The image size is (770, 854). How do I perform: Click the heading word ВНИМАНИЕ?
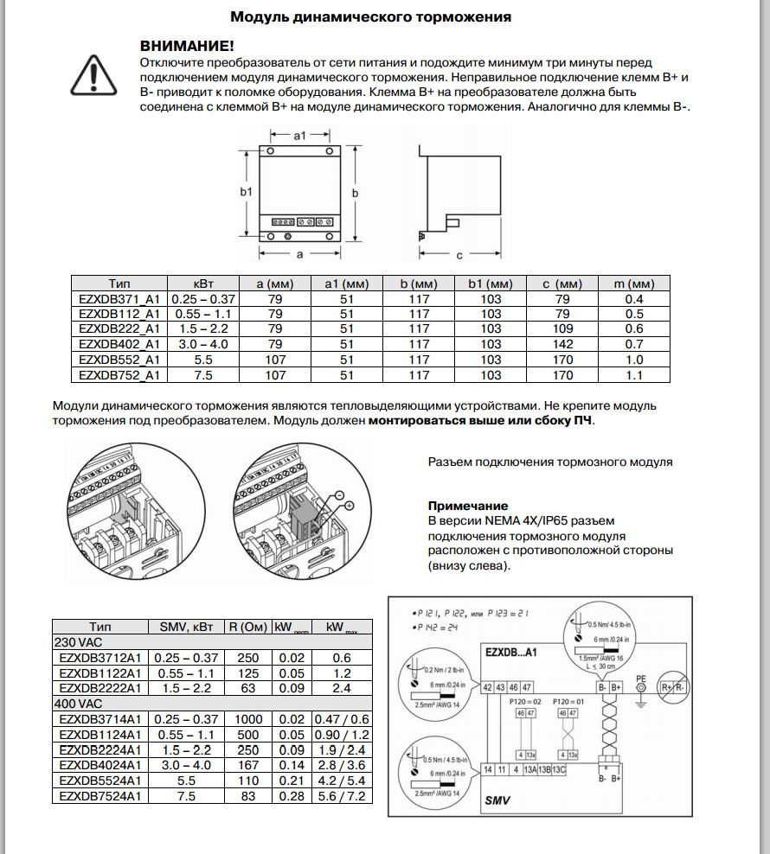187,46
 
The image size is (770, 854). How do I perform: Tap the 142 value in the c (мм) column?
562,344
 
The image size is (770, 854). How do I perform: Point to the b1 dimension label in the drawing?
246,192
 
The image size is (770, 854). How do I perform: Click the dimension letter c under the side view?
459,255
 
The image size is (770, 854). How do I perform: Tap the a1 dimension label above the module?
299,136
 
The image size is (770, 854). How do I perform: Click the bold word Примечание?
468,506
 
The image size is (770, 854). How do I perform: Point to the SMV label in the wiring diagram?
497,800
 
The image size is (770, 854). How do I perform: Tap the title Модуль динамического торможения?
370,16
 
